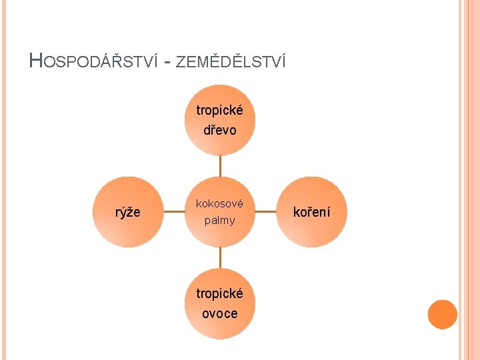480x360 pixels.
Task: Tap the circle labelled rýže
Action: point(128,212)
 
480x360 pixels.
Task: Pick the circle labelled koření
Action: point(312,212)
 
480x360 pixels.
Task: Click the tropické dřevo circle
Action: point(220,120)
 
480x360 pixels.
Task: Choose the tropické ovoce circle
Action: point(220,303)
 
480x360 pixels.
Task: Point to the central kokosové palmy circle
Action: point(220,212)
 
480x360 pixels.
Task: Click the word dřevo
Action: point(220,130)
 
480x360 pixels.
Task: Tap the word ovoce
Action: point(220,313)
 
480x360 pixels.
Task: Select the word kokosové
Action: point(220,203)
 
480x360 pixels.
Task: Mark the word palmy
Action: point(220,220)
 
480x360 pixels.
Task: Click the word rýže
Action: point(128,212)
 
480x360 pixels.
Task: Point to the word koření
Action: point(312,212)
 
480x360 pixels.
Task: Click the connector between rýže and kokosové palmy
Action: point(174,212)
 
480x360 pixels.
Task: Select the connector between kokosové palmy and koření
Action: point(266,212)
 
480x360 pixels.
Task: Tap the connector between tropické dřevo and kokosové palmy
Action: point(220,166)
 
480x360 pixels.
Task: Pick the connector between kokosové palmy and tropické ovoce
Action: point(220,258)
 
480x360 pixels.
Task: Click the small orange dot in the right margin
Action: point(442,315)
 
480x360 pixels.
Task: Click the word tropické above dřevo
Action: point(220,110)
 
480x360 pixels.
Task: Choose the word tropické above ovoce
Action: point(220,293)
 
